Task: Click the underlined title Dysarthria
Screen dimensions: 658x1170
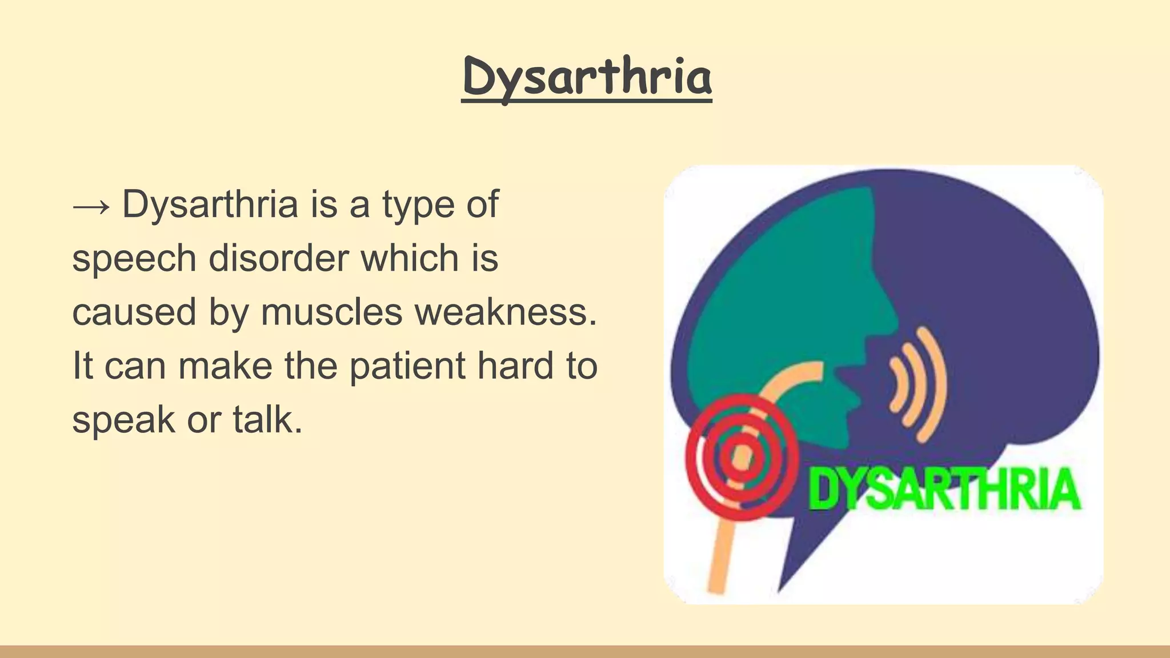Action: (x=587, y=77)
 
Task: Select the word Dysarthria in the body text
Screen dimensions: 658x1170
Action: (x=210, y=204)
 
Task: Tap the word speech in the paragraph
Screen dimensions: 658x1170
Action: (x=134, y=259)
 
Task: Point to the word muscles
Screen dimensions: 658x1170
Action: (x=332, y=312)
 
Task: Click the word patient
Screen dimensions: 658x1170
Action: (x=407, y=366)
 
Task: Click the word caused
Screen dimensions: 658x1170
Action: (x=134, y=312)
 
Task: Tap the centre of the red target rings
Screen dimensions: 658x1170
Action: (x=741, y=458)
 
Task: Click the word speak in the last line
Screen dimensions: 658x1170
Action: (x=123, y=421)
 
